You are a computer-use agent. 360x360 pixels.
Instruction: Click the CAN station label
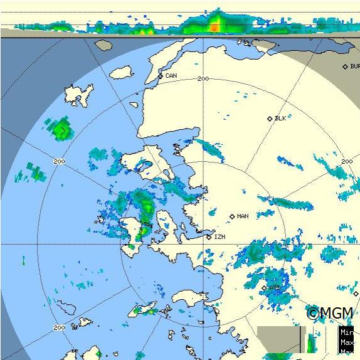(x=171, y=76)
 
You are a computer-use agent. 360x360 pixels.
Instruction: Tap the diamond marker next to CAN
(x=161, y=77)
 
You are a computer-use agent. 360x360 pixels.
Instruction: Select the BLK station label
(x=280, y=118)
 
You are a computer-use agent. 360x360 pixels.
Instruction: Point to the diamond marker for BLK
(x=270, y=119)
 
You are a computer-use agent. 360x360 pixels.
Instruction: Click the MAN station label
(x=243, y=216)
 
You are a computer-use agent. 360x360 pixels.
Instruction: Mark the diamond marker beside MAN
(x=232, y=216)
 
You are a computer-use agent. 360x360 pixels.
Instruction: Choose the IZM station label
(x=220, y=237)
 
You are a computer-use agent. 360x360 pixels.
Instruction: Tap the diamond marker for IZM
(x=209, y=237)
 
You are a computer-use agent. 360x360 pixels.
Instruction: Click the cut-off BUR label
(x=355, y=66)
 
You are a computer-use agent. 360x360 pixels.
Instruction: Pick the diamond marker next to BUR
(x=345, y=66)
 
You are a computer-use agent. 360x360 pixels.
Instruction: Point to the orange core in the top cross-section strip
(x=214, y=26)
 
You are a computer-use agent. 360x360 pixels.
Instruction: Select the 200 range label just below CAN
(x=203, y=78)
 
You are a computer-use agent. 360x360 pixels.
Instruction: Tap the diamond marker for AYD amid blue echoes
(x=265, y=288)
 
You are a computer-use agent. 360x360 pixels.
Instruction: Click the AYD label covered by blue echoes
(x=275, y=288)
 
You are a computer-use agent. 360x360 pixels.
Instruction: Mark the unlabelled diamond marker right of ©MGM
(x=356, y=293)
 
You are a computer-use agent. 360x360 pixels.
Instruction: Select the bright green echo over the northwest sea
(x=61, y=130)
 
